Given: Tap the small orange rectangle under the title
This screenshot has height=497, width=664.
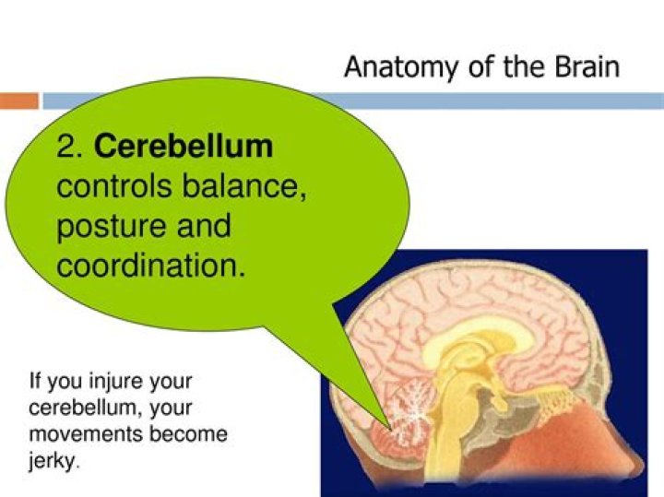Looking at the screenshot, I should [x=19, y=101].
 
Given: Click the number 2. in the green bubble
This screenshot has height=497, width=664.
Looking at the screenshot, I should [x=72, y=147].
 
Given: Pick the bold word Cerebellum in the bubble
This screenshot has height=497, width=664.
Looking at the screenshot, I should [x=184, y=147].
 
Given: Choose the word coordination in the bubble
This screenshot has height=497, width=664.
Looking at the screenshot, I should [x=151, y=266].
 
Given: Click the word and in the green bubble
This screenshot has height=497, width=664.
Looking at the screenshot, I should [x=199, y=226].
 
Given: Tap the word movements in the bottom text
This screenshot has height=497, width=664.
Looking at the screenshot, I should [x=84, y=432].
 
